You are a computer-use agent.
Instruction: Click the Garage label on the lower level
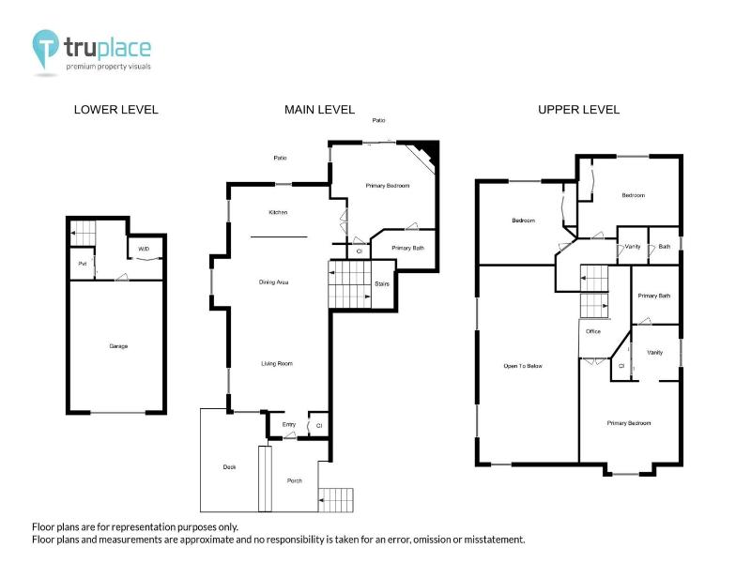[x=118, y=346]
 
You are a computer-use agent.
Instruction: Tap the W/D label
[x=144, y=249]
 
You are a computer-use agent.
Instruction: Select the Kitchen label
[x=278, y=213]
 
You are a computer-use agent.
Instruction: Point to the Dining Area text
[x=273, y=281]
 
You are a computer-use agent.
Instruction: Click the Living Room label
[x=278, y=363]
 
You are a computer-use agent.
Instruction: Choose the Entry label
[x=289, y=425]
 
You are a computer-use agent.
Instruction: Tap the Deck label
[x=229, y=466]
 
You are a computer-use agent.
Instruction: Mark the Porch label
[x=294, y=480]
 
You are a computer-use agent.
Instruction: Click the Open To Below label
[x=524, y=365]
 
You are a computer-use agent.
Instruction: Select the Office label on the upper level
[x=592, y=331]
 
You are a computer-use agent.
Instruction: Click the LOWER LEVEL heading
[x=116, y=110]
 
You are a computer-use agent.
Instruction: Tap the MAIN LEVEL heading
[x=319, y=110]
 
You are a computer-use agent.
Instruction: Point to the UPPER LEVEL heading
[x=578, y=110]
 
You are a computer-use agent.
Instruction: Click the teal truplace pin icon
[x=44, y=49]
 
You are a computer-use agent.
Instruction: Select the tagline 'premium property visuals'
[x=108, y=67]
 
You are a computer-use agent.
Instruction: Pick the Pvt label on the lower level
[x=83, y=264]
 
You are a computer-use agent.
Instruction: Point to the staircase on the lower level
[x=84, y=230]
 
